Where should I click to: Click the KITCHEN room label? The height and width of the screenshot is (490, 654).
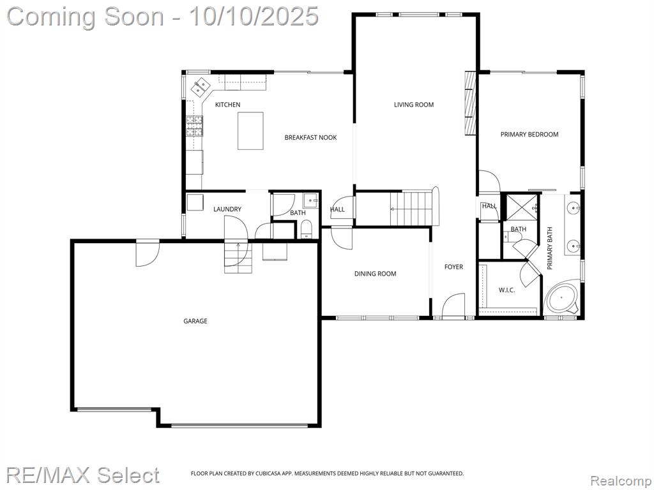coord(227,105)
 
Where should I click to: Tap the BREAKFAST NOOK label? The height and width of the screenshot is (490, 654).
coord(310,138)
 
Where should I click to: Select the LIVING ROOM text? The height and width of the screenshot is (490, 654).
coord(414,105)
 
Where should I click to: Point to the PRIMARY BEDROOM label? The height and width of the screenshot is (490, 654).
coord(529,134)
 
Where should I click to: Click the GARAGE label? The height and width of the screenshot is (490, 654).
coord(195,321)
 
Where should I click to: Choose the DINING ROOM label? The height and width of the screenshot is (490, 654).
coord(375,274)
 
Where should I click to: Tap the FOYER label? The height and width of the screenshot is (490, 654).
coord(453,267)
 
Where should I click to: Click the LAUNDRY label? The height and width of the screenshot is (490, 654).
coord(227,209)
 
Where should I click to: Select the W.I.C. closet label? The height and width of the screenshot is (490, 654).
coord(506,290)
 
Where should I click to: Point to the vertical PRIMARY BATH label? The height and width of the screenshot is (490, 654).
coord(550,248)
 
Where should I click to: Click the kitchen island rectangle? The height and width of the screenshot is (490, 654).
coord(250,131)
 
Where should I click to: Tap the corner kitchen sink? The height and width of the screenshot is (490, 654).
coord(200,87)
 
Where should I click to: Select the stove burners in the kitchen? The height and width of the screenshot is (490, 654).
coord(194,126)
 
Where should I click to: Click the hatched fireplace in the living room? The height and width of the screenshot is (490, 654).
coord(471,103)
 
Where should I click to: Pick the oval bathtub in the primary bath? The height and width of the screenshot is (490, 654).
coord(561,298)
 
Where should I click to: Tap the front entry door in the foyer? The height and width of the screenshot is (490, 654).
coord(453,306)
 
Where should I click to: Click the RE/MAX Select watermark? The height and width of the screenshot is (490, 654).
coord(82,475)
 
